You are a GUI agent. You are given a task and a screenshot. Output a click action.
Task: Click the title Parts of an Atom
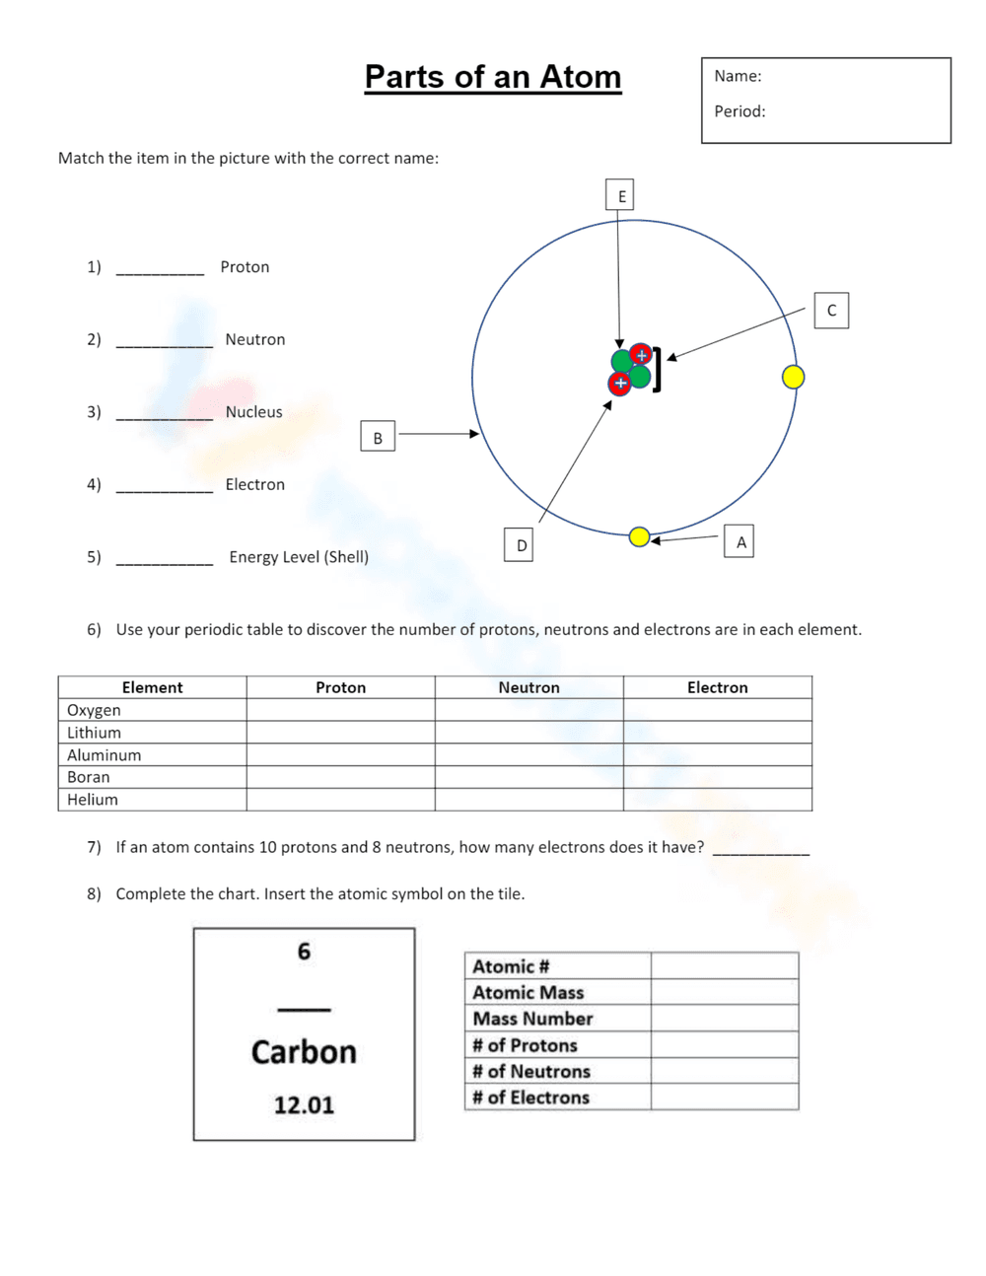click(x=492, y=77)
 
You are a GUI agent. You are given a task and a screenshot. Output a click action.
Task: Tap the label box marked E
click(x=620, y=195)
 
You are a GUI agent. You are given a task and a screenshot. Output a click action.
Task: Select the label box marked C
click(x=831, y=311)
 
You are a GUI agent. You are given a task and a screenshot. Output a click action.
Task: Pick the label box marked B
click(x=378, y=437)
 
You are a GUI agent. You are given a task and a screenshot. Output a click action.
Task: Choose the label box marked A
click(x=739, y=541)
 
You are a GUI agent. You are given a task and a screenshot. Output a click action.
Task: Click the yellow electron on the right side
click(x=793, y=377)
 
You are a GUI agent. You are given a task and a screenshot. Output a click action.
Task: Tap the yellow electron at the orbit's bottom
click(x=639, y=536)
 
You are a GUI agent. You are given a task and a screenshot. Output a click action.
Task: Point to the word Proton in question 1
click(x=245, y=267)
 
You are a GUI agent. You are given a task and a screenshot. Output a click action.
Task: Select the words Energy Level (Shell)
click(x=299, y=557)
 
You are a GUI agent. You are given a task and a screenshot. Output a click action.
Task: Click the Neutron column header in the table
click(x=528, y=687)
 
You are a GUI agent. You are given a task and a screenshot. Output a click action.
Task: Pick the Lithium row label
click(x=94, y=733)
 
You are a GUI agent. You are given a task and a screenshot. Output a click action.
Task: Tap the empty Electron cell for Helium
click(x=717, y=800)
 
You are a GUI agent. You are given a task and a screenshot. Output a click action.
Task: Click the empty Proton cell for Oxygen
click(x=340, y=710)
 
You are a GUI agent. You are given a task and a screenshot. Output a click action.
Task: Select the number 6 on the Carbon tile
click(x=304, y=952)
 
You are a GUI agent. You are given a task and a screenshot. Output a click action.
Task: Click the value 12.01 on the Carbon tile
click(x=304, y=1104)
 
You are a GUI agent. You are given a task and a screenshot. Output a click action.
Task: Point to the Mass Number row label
click(x=532, y=1019)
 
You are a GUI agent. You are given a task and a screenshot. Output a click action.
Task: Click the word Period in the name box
click(x=739, y=111)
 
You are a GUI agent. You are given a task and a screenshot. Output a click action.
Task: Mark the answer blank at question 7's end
click(x=760, y=849)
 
